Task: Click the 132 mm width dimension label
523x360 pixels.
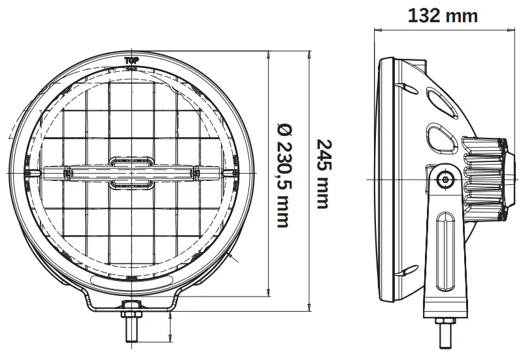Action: click(x=443, y=15)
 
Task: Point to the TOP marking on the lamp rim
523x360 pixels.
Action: click(x=131, y=60)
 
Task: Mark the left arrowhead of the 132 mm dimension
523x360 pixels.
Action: click(x=377, y=30)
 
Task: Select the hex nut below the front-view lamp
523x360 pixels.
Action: click(x=131, y=306)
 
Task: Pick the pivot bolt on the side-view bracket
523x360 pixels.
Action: click(x=446, y=178)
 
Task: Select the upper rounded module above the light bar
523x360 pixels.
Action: click(x=131, y=161)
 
